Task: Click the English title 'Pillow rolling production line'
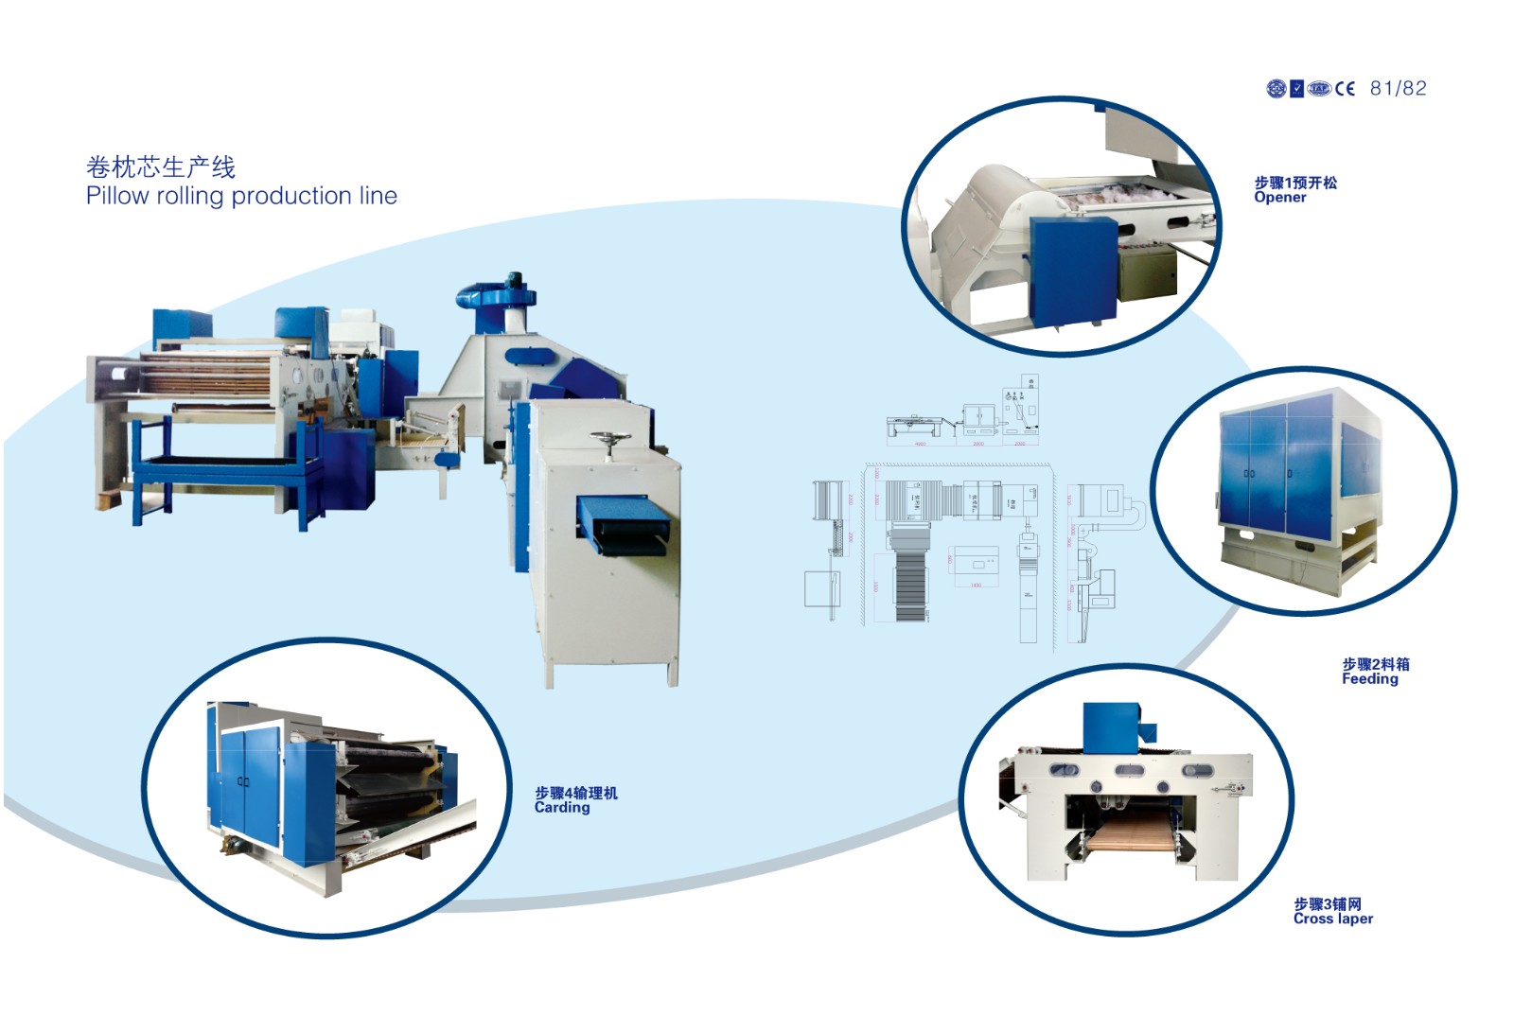[x=241, y=196]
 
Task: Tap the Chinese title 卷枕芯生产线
[x=161, y=167]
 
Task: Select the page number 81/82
[x=1398, y=88]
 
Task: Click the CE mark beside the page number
[x=1345, y=89]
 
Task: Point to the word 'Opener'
[x=1279, y=198]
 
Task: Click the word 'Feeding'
[x=1369, y=678]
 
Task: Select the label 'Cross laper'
[x=1332, y=919]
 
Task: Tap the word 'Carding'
[x=562, y=808]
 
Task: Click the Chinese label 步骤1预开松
[x=1295, y=183]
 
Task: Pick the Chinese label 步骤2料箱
[x=1375, y=664]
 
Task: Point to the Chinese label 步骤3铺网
[x=1328, y=904]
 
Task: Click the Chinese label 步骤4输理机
[x=576, y=793]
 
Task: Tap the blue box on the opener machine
[x=1072, y=271]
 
